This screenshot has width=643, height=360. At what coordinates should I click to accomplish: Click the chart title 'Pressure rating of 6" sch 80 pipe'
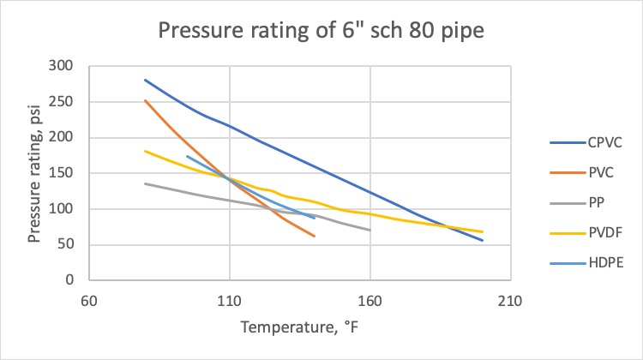pos(321,32)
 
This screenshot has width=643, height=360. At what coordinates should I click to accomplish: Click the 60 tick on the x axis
pos(89,301)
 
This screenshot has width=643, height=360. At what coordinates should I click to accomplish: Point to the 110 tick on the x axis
pos(229,301)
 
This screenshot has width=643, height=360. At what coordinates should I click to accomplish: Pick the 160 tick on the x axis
pos(370,301)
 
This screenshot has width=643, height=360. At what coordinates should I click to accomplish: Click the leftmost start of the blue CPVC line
pos(145,80)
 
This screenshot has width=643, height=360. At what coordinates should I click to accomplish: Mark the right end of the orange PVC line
pos(315,236)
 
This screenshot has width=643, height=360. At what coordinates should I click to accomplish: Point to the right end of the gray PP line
pos(370,230)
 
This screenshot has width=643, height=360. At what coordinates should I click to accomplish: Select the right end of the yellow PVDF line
pos(483,231)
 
